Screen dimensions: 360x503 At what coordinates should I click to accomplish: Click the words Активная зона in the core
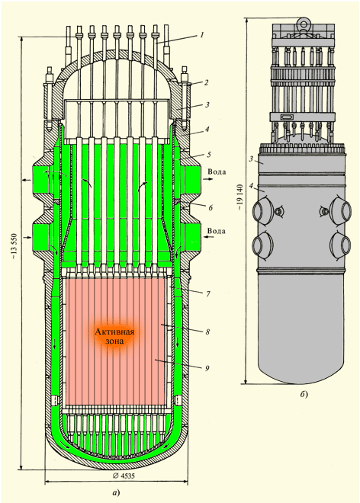[x=114, y=336]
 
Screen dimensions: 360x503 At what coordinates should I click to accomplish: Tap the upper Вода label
[x=217, y=171]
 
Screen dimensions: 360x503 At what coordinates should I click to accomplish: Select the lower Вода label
[x=217, y=231]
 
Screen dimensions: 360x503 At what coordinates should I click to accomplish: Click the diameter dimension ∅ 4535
[x=124, y=476]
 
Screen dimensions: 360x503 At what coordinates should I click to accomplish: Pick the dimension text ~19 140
[x=240, y=197]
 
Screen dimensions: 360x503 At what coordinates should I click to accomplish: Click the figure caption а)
[x=116, y=493]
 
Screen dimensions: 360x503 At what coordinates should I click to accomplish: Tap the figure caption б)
[x=304, y=394]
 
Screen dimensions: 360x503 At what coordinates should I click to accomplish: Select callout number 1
[x=201, y=34]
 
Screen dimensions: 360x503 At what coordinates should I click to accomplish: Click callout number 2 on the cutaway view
[x=207, y=82]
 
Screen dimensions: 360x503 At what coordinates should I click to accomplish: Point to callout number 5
[x=209, y=155]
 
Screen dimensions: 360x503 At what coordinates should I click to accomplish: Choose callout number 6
[x=211, y=208]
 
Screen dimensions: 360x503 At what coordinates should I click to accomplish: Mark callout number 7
[x=208, y=293]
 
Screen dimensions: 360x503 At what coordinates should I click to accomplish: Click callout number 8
[x=207, y=332]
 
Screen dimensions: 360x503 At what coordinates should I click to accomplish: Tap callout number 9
[x=207, y=368]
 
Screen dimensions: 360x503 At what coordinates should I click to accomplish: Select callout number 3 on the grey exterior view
[x=252, y=159]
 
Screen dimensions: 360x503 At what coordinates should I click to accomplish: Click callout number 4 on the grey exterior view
[x=252, y=185]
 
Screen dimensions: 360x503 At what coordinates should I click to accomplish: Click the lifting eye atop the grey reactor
[x=302, y=24]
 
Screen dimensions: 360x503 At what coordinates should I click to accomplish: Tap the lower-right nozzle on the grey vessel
[x=342, y=245]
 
